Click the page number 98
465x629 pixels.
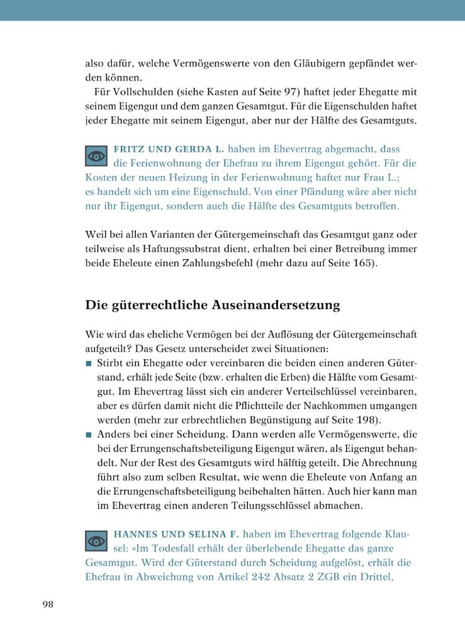(x=48, y=604)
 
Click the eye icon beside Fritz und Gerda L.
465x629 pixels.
(x=96, y=156)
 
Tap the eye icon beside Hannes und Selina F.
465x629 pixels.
(x=96, y=541)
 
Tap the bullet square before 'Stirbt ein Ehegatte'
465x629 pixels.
(x=89, y=364)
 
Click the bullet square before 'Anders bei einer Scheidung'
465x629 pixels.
(x=89, y=435)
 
